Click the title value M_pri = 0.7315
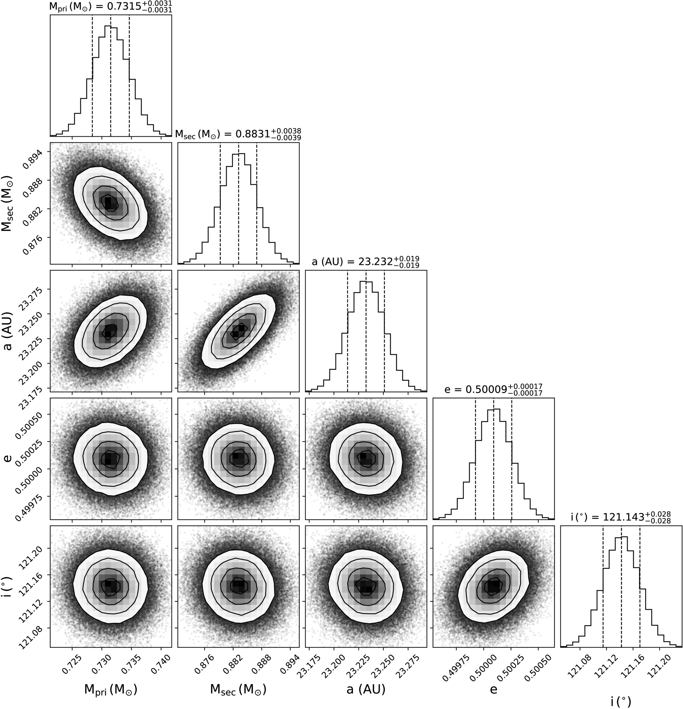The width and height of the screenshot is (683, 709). (111, 7)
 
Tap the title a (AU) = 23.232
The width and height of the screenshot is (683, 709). (366, 261)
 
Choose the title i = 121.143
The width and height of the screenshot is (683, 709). (621, 517)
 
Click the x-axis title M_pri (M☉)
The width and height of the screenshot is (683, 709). (111, 690)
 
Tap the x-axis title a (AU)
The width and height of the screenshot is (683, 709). (366, 690)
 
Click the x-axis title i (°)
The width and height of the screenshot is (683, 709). (621, 702)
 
